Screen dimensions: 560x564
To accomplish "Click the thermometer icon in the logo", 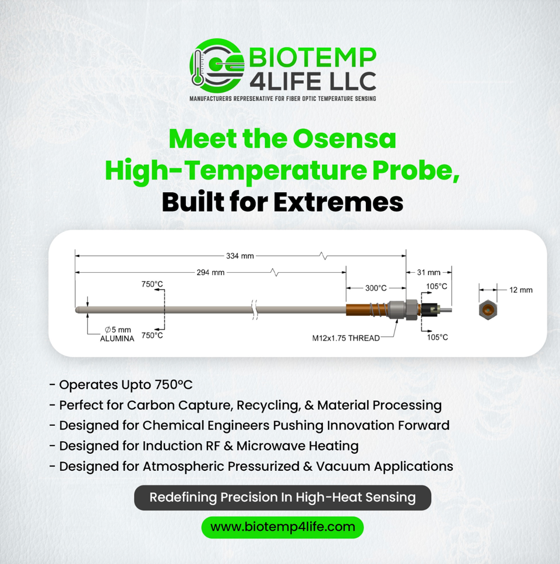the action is point(198,68).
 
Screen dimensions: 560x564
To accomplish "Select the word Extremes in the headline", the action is point(338,202).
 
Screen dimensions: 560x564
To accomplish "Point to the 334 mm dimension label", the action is point(240,256).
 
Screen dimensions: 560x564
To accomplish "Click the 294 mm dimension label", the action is point(210,272).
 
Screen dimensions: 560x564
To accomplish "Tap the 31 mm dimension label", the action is point(429,272).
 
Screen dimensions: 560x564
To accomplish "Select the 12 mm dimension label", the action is point(521,290).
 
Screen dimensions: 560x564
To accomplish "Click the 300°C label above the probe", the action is point(376,288).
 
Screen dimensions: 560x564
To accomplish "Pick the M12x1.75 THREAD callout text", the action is point(346,338).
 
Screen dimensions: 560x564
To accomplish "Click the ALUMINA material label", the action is point(117,339).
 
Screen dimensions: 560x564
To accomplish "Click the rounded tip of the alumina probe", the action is point(78,310).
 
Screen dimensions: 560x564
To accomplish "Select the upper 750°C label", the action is point(152,284).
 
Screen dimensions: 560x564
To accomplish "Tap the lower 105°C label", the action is point(438,337).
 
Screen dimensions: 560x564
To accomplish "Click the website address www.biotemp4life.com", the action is point(283,527).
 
